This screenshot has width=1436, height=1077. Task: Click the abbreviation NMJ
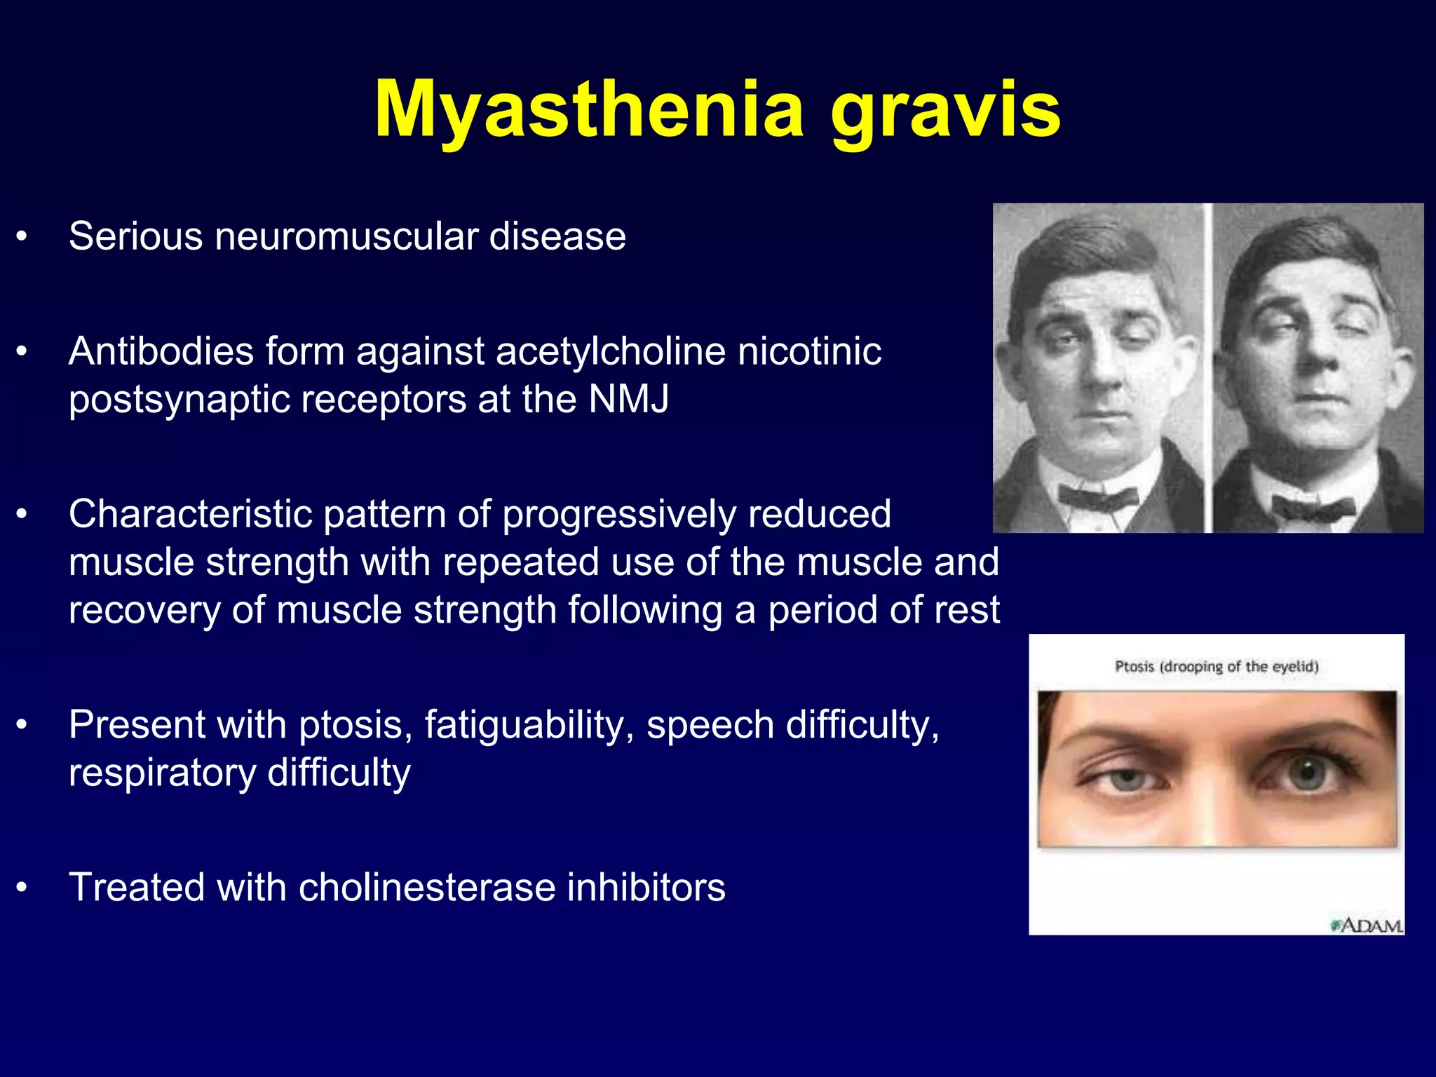[x=628, y=399]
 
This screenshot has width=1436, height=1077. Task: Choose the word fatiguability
[x=529, y=725]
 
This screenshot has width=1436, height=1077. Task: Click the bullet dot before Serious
[x=22, y=237]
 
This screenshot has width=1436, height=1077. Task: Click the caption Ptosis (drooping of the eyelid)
[x=1217, y=666]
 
